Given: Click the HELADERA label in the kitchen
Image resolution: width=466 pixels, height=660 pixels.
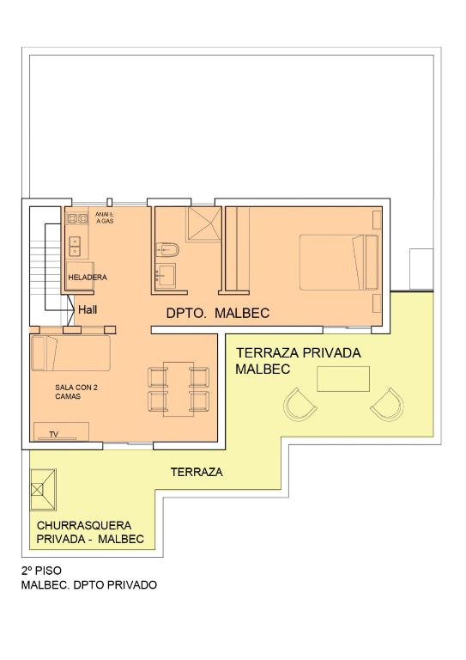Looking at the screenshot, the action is (x=88, y=278).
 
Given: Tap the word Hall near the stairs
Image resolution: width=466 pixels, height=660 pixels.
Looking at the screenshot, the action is (x=88, y=309).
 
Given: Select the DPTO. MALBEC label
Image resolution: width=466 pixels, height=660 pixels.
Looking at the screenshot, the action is (x=218, y=313).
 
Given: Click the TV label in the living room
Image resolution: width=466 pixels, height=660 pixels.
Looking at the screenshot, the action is (x=53, y=434).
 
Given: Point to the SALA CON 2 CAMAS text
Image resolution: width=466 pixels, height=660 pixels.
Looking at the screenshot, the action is (x=76, y=392).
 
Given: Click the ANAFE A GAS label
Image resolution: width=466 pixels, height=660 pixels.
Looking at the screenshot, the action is (x=104, y=217).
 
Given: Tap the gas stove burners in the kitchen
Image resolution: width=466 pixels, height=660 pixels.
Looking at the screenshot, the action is (x=77, y=218).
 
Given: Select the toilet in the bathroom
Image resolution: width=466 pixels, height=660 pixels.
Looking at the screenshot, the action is (x=167, y=249).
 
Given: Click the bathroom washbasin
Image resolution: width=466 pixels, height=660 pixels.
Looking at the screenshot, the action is (x=166, y=275).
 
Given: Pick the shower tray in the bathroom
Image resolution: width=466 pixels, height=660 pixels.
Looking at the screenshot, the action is (x=203, y=224).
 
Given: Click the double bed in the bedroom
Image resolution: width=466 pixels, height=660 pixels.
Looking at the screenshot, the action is (x=339, y=262).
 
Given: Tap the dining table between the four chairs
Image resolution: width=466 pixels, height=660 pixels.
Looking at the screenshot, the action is (x=179, y=389).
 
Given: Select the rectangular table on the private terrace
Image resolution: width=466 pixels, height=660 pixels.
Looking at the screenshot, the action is (x=343, y=379).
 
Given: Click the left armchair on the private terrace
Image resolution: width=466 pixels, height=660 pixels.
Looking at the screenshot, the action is (x=300, y=405).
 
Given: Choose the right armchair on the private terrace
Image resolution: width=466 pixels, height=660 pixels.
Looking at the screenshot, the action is (x=387, y=405).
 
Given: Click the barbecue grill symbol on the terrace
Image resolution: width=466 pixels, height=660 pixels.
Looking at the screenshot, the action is (x=43, y=490).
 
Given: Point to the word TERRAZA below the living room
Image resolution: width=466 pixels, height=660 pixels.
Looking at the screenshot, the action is (x=197, y=473).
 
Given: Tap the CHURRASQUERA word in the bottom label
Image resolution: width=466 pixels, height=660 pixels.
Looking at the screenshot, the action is (x=84, y=525).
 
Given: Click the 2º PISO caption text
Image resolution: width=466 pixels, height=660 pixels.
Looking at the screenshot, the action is (x=41, y=571).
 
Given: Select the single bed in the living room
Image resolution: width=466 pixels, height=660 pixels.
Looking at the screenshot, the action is (x=71, y=353).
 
